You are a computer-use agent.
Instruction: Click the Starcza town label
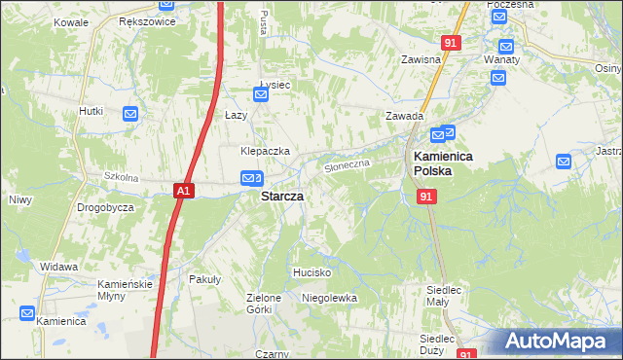pos(281,196)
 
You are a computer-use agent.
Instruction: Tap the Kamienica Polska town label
pos(437,162)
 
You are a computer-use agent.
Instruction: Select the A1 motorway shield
pos(185,192)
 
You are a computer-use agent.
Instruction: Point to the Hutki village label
pos(91,111)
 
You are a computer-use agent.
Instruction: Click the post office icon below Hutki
pos(130,115)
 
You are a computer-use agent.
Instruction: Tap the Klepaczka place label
pos(266,151)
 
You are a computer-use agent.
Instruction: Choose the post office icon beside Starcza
pos(251,178)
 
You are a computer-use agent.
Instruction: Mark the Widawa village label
pos(58,266)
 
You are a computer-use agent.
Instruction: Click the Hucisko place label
pos(312,272)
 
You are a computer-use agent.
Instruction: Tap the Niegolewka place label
pos(329,298)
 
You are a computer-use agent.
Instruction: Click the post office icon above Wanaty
pos(505,46)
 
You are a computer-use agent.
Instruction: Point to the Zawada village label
pos(403,116)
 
